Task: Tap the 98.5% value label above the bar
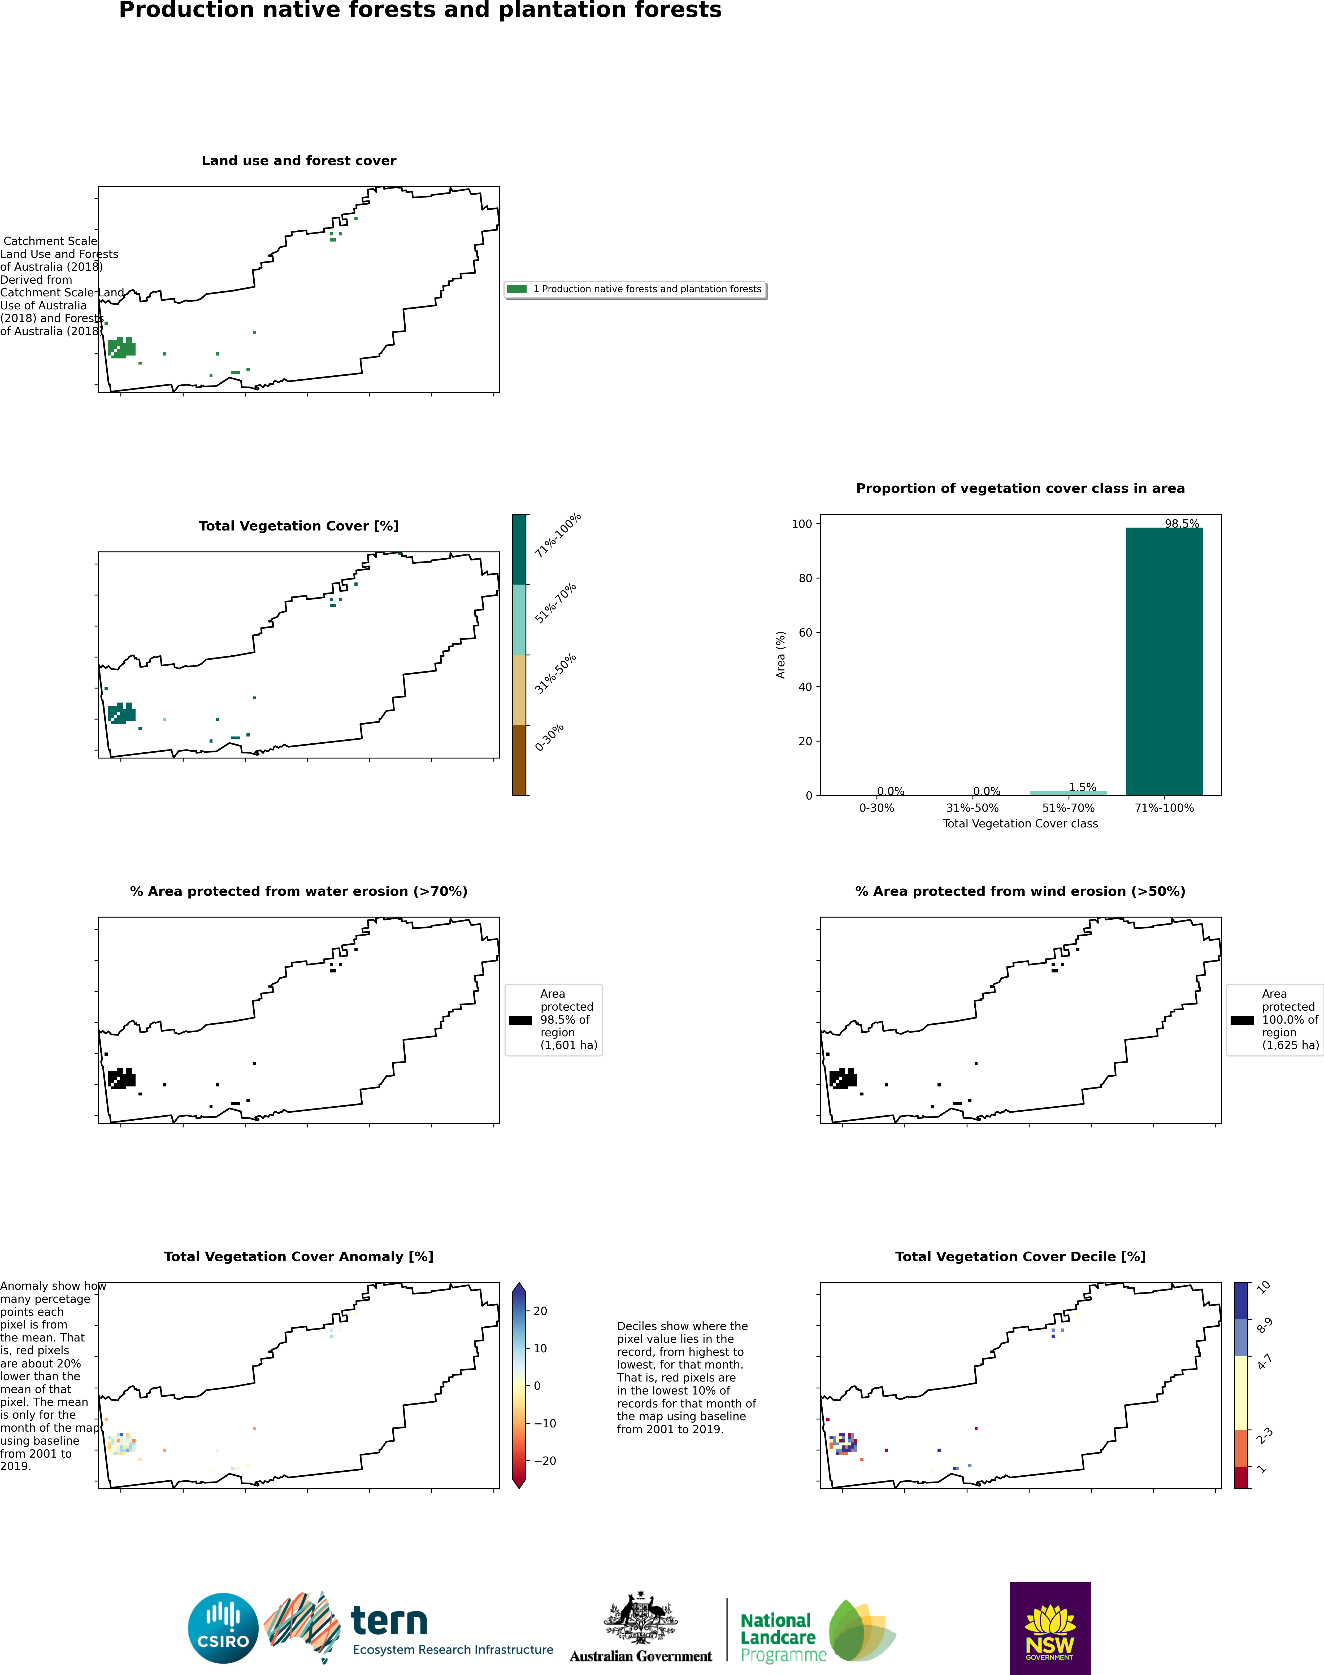(x=1181, y=524)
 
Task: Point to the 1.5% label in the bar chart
(x=1082, y=787)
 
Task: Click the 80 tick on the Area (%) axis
(x=801, y=578)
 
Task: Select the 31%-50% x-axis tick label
(x=972, y=808)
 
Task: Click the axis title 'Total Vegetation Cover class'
(x=1020, y=823)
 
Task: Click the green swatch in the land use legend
(x=517, y=289)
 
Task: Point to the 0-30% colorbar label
(x=550, y=738)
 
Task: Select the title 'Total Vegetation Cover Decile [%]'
(x=1020, y=1257)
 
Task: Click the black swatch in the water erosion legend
(x=520, y=1020)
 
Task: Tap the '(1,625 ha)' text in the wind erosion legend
(x=1290, y=1045)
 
